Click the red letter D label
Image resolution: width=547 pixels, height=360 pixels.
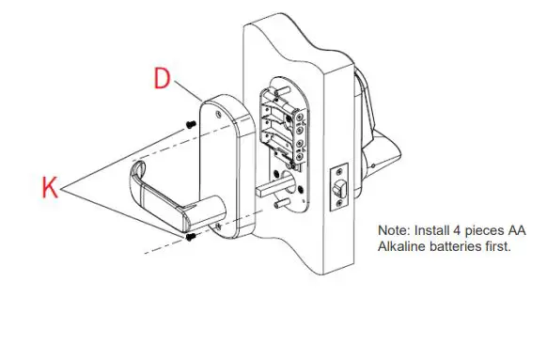(x=162, y=79)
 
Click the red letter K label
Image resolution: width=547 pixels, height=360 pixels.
(x=51, y=187)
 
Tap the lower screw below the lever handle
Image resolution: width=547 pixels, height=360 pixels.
(x=191, y=237)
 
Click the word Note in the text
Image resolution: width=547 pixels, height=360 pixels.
(x=394, y=230)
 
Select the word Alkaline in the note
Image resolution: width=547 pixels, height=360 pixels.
(x=402, y=246)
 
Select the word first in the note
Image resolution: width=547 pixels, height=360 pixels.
(x=500, y=246)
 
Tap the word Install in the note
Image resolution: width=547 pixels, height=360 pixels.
(x=431, y=230)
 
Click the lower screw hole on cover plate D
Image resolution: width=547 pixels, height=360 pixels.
(x=218, y=225)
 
